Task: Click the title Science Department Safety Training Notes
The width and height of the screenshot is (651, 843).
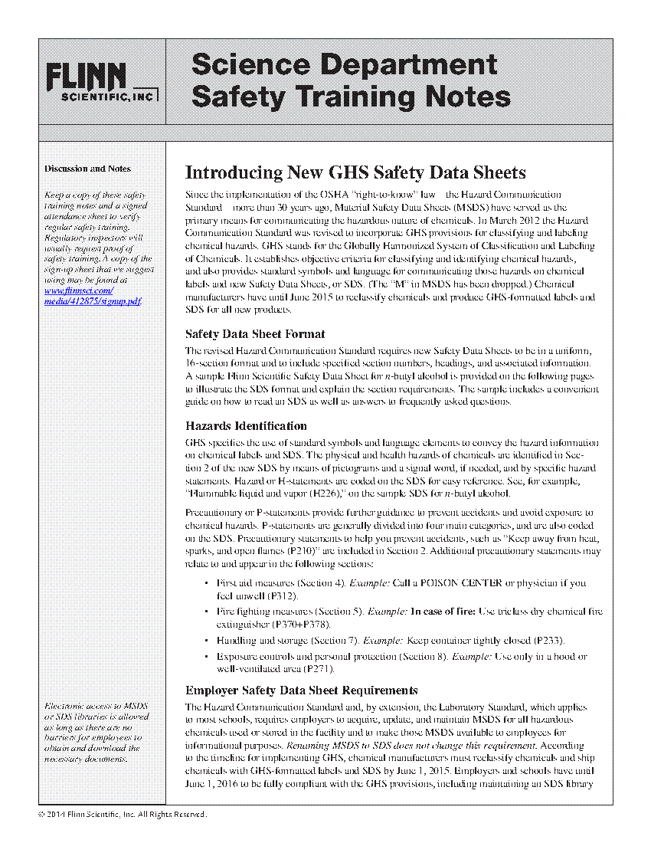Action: click(x=351, y=80)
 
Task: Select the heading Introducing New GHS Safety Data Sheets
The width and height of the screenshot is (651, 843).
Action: click(x=355, y=172)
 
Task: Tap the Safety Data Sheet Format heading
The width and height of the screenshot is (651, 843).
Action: click(x=255, y=334)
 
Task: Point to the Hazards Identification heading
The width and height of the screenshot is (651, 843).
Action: click(x=246, y=426)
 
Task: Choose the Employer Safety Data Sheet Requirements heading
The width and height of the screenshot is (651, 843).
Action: click(x=302, y=690)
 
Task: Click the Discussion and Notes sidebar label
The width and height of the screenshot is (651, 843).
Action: click(x=87, y=169)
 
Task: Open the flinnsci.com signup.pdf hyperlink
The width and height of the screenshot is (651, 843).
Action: click(x=93, y=296)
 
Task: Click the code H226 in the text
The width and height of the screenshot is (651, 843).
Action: click(x=325, y=493)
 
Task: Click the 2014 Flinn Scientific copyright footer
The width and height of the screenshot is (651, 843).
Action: click(x=122, y=815)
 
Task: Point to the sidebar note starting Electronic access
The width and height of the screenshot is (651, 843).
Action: click(x=96, y=732)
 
